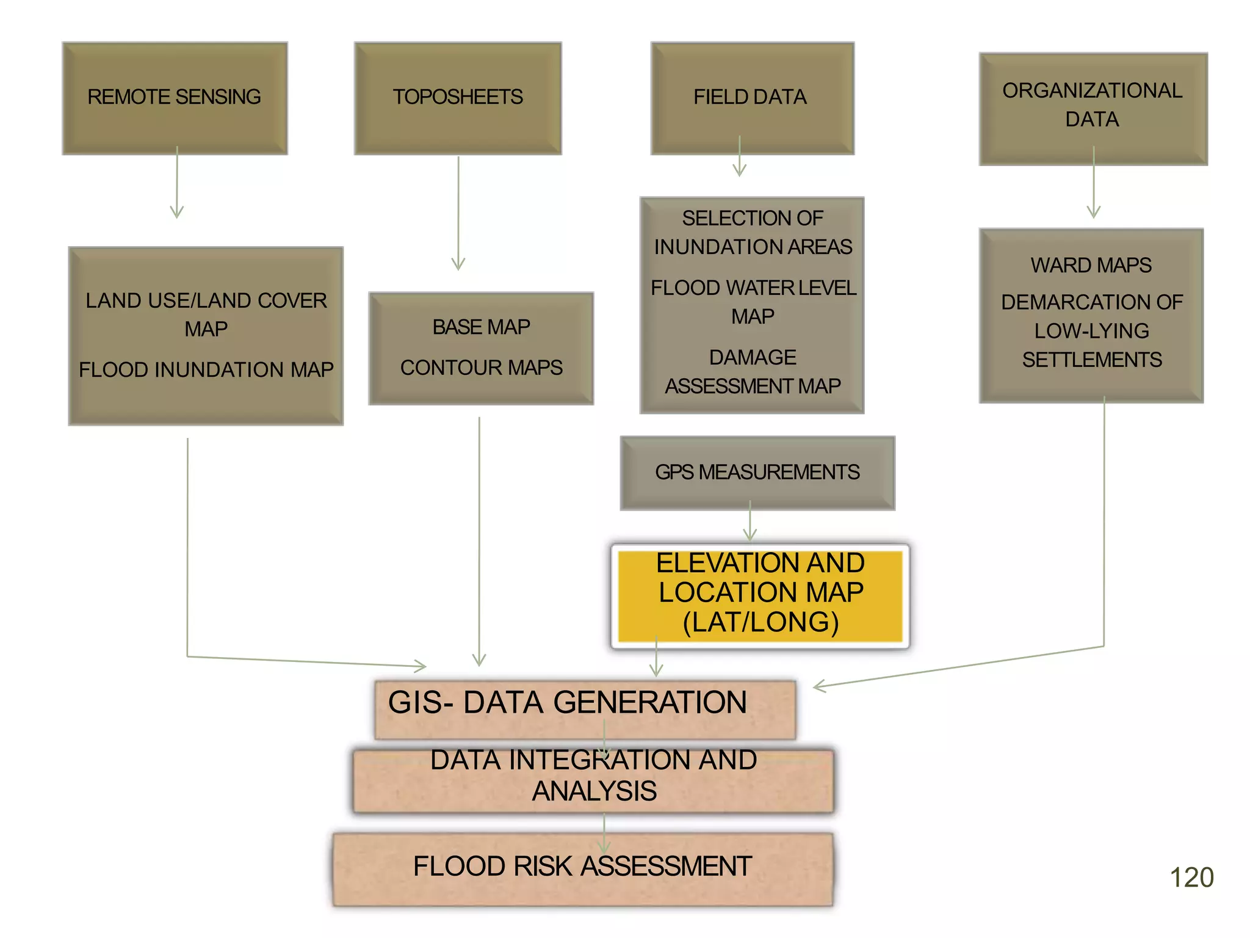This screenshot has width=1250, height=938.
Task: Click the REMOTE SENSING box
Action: [175, 98]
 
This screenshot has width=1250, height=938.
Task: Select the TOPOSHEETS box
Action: [458, 98]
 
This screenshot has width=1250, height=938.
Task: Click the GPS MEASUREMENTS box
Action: [757, 473]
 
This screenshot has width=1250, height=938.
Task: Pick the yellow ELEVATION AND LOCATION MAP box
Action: [760, 594]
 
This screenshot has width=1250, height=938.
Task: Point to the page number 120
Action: [1191, 878]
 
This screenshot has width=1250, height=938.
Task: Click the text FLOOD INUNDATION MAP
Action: [206, 370]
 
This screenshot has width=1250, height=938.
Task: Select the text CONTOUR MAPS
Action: [482, 368]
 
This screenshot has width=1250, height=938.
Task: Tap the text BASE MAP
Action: [482, 327]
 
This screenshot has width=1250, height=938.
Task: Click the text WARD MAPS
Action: [1091, 265]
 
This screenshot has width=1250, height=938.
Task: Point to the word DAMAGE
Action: [753, 357]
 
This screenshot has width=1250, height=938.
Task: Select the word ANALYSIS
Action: [594, 791]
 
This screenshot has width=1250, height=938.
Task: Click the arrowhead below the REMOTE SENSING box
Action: [177, 213]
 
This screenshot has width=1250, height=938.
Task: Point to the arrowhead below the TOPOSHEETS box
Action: [458, 264]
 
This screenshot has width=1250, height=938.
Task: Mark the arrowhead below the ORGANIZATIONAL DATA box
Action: [1094, 212]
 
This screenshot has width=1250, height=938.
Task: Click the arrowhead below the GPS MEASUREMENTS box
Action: [750, 535]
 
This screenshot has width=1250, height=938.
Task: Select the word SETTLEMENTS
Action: [1092, 360]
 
